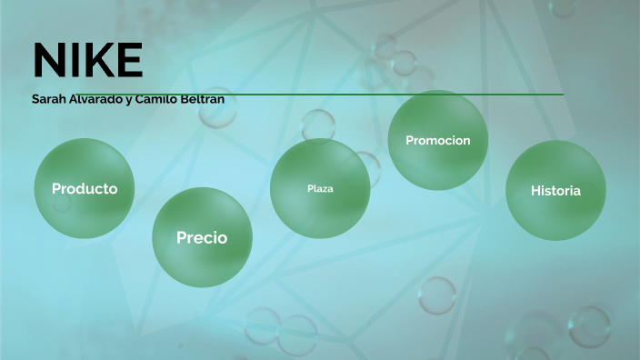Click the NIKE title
tap(87, 60)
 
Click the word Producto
tap(85, 189)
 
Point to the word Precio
tap(202, 238)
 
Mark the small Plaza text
tap(320, 189)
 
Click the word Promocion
tap(438, 140)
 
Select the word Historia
tap(555, 190)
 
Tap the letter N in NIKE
tap(45, 60)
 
